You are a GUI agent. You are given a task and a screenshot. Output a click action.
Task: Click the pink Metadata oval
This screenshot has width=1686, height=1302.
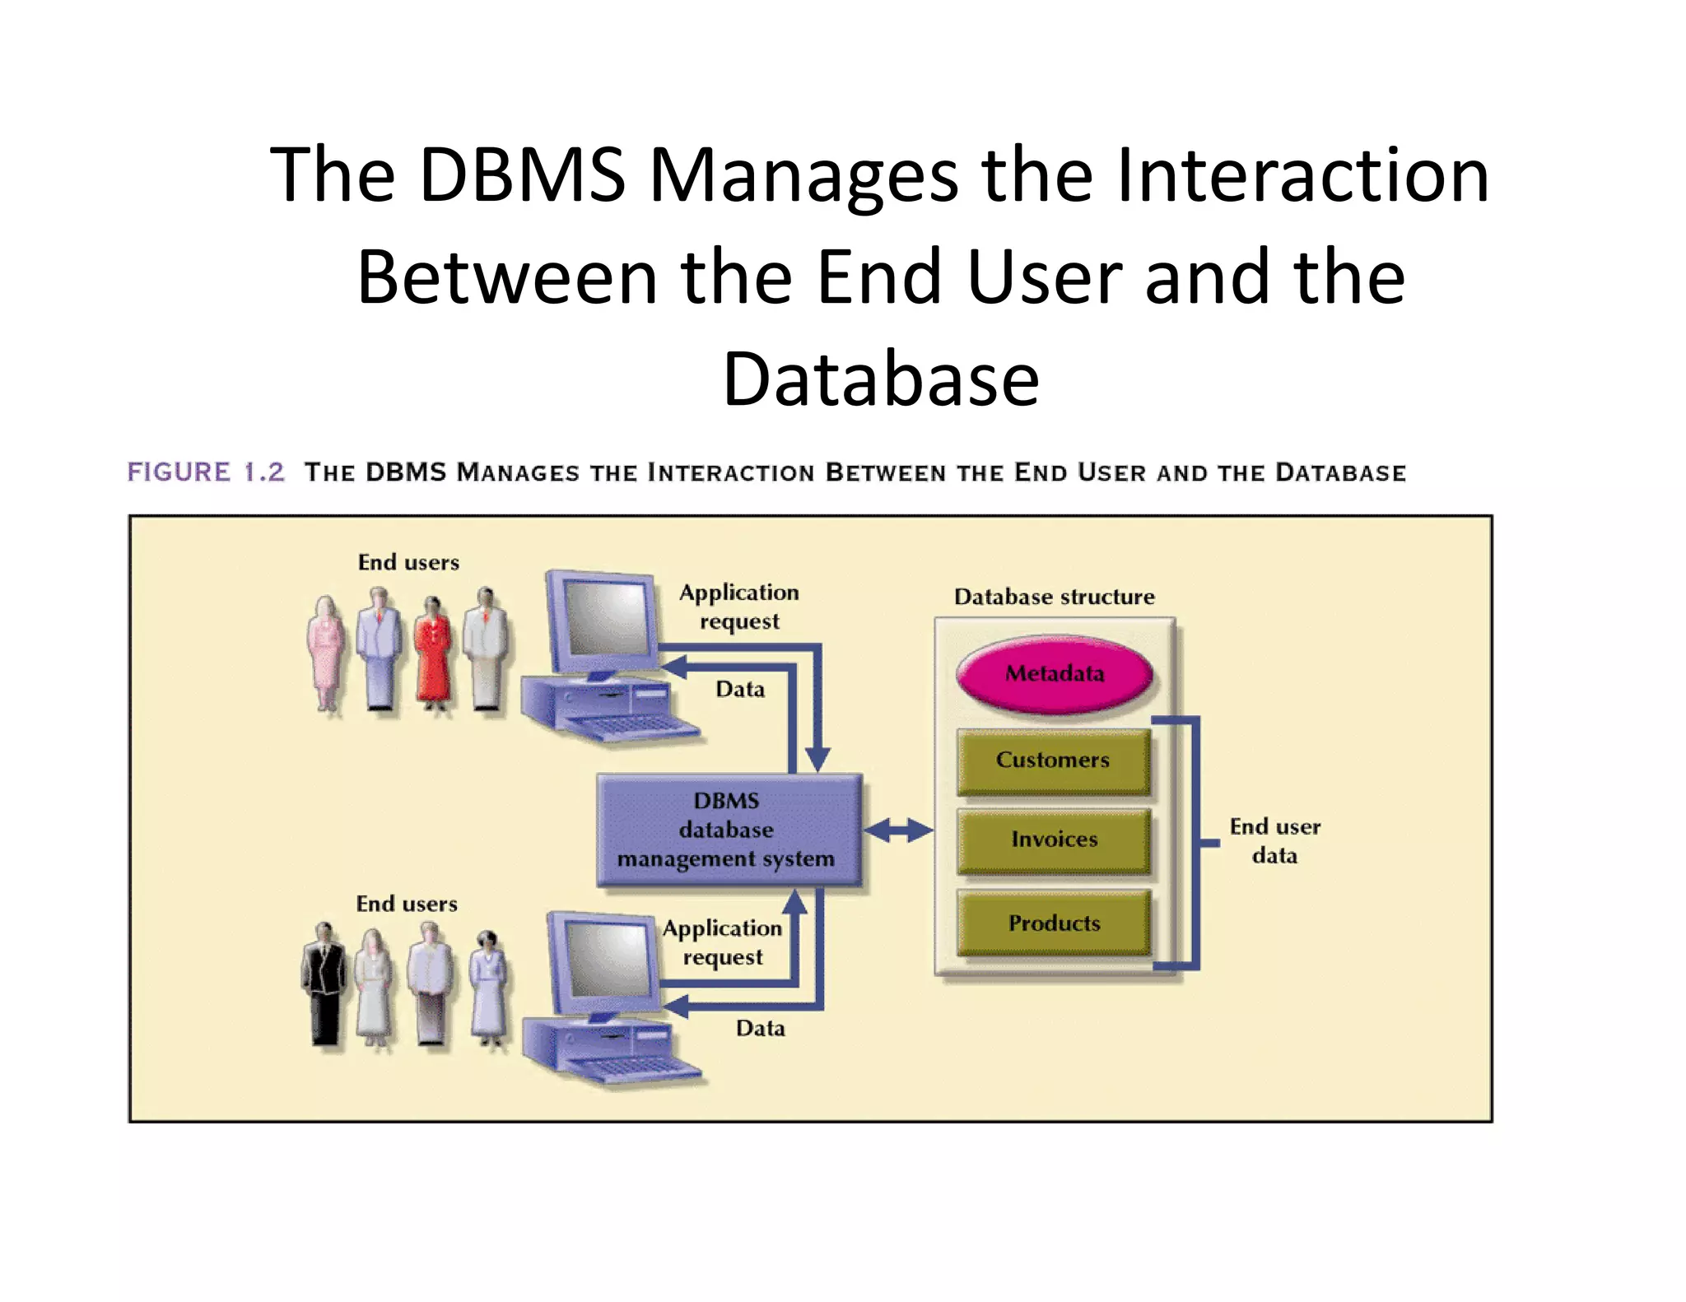pyautogui.click(x=1054, y=673)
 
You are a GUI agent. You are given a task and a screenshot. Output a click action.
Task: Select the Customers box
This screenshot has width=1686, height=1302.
pyautogui.click(x=1053, y=760)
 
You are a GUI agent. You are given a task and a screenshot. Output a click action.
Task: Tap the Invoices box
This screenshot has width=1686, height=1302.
pyautogui.click(x=1054, y=839)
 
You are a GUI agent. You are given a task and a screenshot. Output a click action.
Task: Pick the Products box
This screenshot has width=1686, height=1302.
pyautogui.click(x=1054, y=923)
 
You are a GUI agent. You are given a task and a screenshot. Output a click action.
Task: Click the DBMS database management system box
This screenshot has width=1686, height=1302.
pyautogui.click(x=728, y=830)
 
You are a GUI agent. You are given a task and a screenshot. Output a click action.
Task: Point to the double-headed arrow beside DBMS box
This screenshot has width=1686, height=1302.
pyautogui.click(x=898, y=830)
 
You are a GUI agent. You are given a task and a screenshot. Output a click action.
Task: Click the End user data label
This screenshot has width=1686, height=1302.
pyautogui.click(x=1274, y=840)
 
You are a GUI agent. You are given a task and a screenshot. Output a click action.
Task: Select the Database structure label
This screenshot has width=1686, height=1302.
pyautogui.click(x=1054, y=597)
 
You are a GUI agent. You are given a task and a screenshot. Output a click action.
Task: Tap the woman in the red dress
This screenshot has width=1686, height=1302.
pyautogui.click(x=433, y=654)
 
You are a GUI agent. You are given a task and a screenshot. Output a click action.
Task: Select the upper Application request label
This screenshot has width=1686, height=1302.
pyautogui.click(x=738, y=606)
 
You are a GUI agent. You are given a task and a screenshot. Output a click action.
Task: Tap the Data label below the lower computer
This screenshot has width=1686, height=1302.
pyautogui.click(x=760, y=1028)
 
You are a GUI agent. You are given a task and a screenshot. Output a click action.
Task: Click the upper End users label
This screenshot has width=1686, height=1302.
pyautogui.click(x=408, y=562)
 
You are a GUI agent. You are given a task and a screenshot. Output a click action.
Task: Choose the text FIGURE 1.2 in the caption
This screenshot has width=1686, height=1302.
pyautogui.click(x=206, y=472)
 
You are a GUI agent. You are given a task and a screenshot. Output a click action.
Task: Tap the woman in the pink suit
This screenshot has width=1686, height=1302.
pyautogui.click(x=326, y=654)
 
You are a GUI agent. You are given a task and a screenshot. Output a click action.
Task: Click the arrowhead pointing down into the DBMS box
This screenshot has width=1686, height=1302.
pyautogui.click(x=817, y=759)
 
